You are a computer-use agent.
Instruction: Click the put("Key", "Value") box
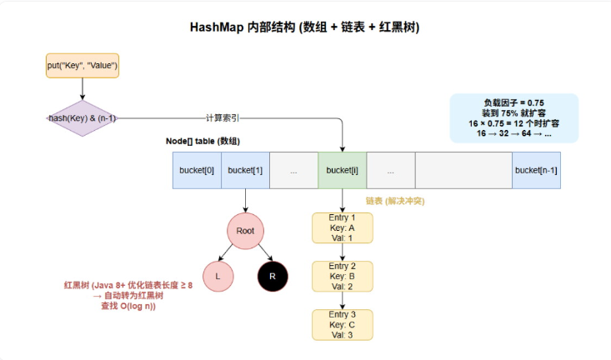[82, 65]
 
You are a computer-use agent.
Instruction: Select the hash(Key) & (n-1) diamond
[82, 118]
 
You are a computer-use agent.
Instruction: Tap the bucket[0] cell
[197, 170]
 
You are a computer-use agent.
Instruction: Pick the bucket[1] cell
[245, 170]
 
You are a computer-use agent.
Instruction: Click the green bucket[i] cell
[343, 170]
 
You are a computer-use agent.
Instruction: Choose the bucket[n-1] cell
[536, 170]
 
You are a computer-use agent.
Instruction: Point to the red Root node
[245, 230]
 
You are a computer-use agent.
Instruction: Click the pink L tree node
[218, 276]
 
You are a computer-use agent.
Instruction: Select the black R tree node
[273, 276]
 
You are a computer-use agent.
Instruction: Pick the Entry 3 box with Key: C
[343, 324]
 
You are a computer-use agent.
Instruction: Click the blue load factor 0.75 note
[513, 117]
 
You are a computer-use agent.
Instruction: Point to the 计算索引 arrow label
[224, 118]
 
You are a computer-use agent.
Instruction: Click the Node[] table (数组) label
[204, 142]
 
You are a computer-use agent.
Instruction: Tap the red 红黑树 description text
[128, 295]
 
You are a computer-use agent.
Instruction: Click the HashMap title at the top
[304, 27]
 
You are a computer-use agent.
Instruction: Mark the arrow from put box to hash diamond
[82, 89]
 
